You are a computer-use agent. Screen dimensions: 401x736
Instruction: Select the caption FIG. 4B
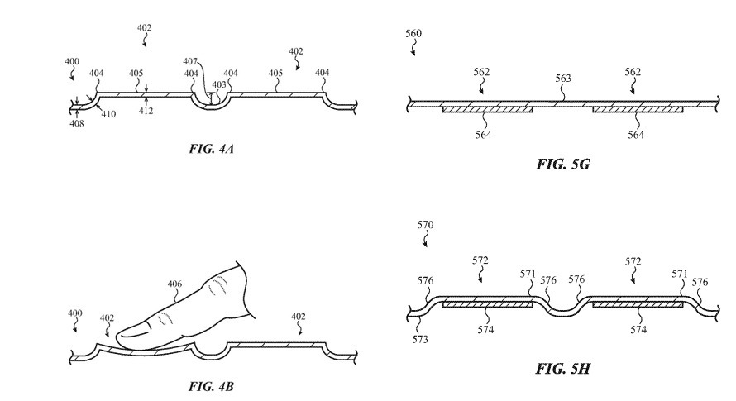tap(204, 385)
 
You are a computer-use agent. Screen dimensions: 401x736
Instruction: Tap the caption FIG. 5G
tap(562, 164)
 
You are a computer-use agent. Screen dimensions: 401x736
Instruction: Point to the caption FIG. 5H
tap(562, 368)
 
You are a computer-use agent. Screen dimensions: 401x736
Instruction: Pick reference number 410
tap(108, 114)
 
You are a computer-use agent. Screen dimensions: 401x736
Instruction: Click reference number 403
tap(219, 84)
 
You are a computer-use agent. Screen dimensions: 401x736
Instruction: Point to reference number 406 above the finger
tap(174, 284)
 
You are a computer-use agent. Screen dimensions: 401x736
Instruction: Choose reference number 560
tap(413, 32)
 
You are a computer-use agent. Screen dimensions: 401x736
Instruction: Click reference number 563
tap(562, 79)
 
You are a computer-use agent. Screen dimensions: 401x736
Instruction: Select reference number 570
tap(425, 224)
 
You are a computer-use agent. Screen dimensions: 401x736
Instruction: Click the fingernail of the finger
tap(135, 334)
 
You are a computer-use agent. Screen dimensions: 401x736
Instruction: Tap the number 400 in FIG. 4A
tap(73, 62)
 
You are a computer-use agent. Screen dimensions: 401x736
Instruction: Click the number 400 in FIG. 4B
tap(74, 313)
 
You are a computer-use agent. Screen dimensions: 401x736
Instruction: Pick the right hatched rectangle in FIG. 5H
tap(638, 305)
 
